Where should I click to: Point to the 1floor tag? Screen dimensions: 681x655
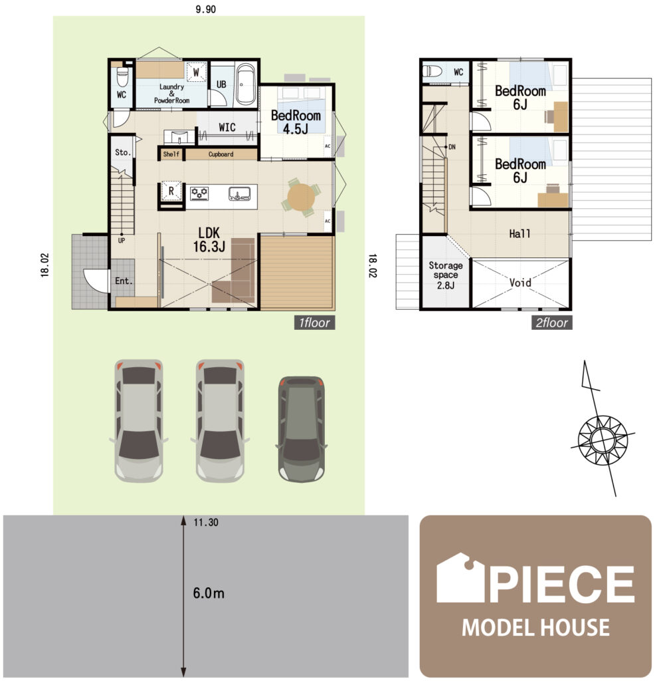[314, 323]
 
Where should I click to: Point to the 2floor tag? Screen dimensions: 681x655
[551, 323]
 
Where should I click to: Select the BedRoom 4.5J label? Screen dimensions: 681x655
[296, 122]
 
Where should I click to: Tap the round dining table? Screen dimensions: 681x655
[302, 198]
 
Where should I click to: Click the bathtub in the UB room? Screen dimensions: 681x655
[245, 84]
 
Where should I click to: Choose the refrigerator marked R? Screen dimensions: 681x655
[171, 192]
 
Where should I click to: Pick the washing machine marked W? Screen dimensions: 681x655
[197, 71]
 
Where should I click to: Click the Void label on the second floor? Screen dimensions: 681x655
[520, 283]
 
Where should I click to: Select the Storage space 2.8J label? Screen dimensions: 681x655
[446, 275]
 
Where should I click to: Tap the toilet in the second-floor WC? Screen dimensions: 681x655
[434, 70]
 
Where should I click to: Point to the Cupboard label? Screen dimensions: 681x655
[221, 154]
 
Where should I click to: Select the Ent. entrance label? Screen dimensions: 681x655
[124, 281]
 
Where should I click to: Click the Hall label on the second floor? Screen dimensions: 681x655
[519, 234]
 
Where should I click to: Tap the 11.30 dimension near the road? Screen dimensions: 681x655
[206, 523]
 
